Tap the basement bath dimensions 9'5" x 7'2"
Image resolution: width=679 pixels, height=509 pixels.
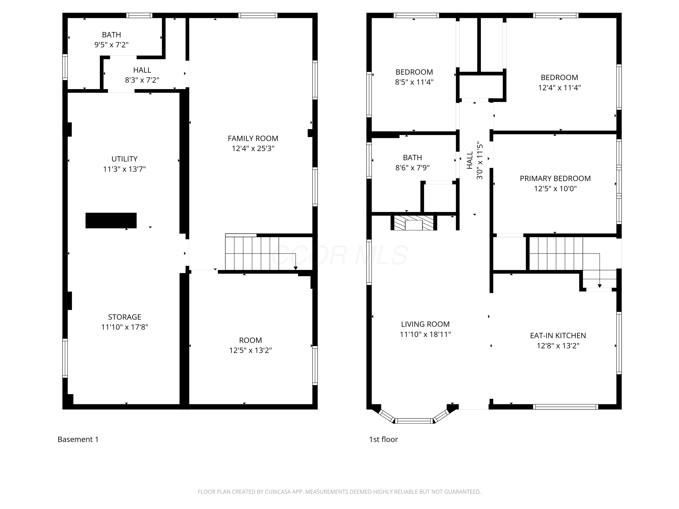point(111,45)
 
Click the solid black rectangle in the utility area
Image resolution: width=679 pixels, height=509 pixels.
point(111,220)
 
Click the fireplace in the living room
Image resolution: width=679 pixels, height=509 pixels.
point(414,223)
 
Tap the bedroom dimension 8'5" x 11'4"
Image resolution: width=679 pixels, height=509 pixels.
point(414,82)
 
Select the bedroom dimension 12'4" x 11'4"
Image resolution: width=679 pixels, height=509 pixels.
point(559,88)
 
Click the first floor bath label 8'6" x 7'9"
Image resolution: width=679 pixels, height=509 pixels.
point(412,163)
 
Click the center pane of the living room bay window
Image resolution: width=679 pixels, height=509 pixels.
point(414,421)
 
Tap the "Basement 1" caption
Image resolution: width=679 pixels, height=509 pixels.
point(78,439)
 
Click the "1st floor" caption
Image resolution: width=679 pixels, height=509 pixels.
point(383,439)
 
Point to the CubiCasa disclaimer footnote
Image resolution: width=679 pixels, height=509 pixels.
point(339,492)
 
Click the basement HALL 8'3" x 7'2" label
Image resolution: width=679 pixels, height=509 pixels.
point(142,75)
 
